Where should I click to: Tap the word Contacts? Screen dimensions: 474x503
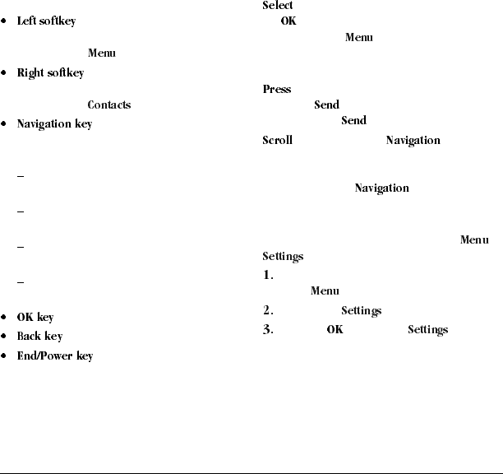(x=108, y=105)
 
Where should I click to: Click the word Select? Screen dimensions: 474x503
(x=277, y=6)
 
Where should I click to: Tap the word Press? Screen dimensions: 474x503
(x=276, y=90)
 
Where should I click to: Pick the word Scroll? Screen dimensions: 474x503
(x=277, y=141)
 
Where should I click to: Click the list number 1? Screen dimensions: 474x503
(x=267, y=276)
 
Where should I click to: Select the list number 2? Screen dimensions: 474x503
(x=267, y=311)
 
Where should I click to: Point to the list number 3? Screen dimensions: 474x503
(x=267, y=330)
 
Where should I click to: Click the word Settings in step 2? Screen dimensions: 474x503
(x=361, y=311)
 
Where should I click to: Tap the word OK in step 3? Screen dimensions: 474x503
(x=335, y=330)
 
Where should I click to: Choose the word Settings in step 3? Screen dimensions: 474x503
(x=427, y=330)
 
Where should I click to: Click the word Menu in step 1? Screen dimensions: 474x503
(x=325, y=290)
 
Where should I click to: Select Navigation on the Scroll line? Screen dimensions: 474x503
(x=413, y=141)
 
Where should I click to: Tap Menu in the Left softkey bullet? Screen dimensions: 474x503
(x=101, y=53)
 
